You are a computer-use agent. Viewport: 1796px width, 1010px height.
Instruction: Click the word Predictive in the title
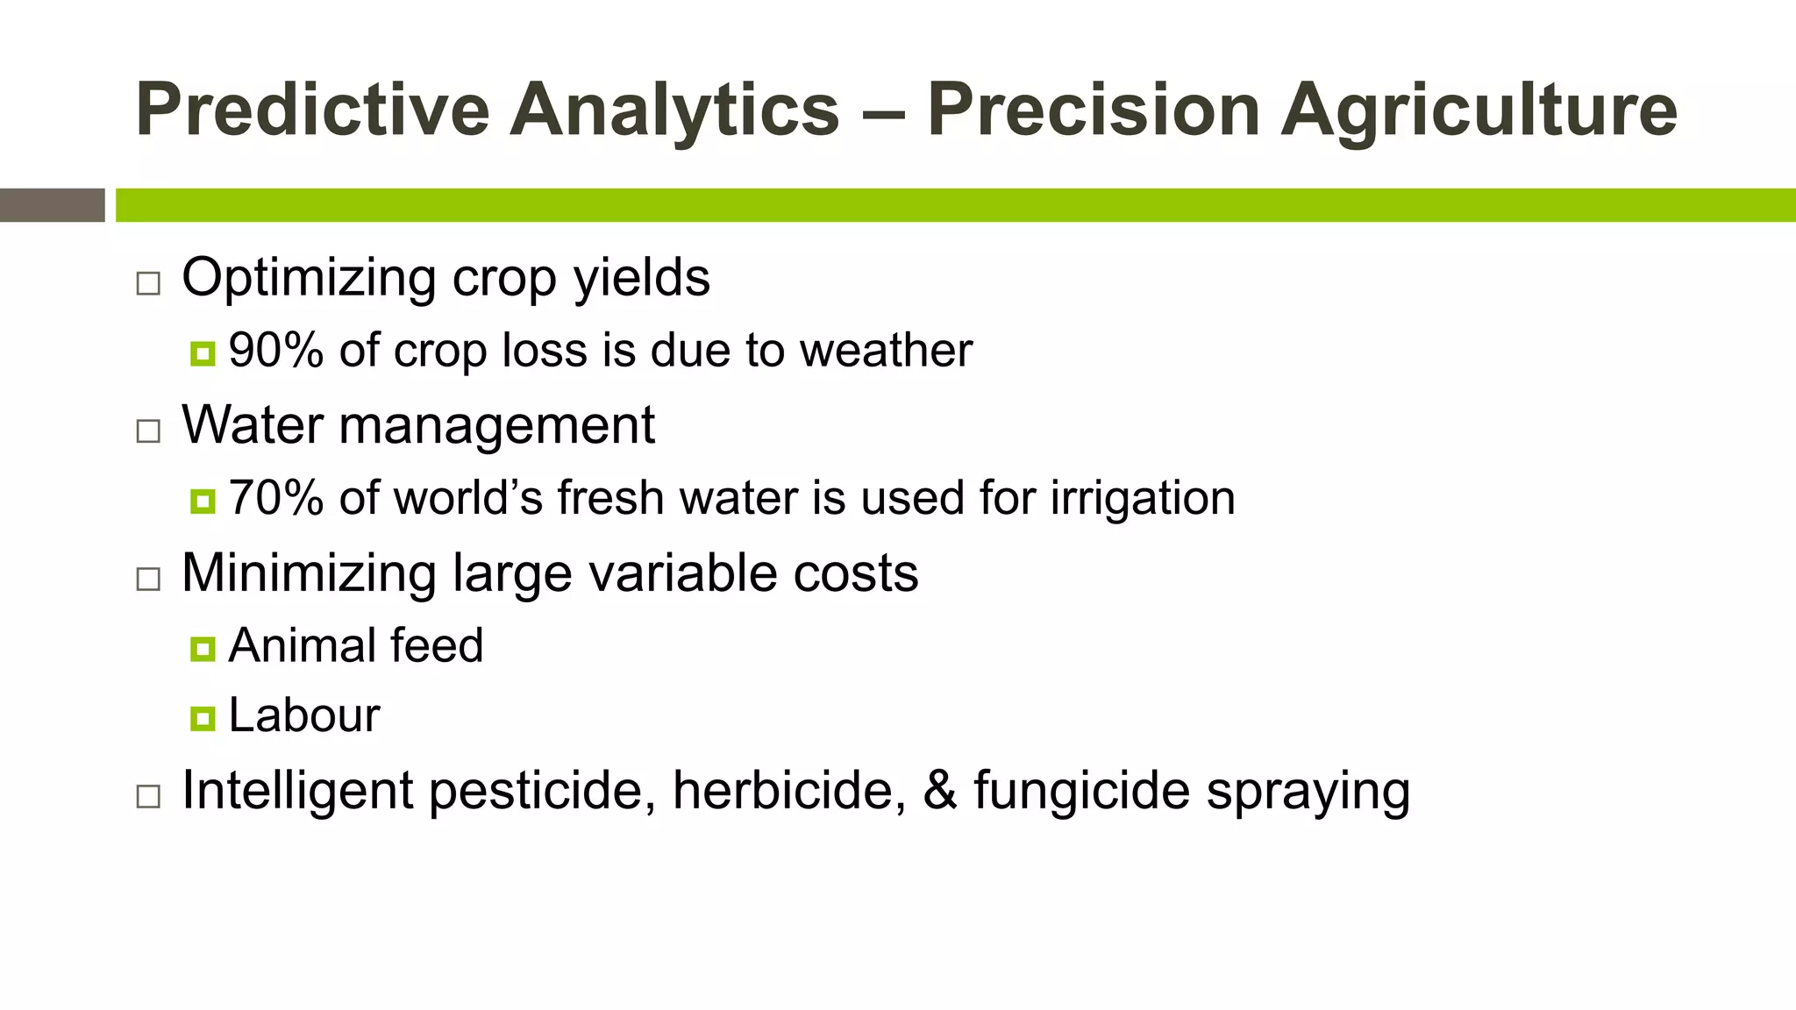[312, 110]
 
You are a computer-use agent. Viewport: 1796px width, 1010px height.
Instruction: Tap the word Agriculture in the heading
[1479, 111]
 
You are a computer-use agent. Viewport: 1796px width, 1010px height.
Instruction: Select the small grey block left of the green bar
[52, 205]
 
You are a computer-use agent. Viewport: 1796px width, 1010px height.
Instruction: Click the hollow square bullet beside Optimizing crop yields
[148, 283]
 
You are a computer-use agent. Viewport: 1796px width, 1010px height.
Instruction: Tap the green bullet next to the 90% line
[203, 354]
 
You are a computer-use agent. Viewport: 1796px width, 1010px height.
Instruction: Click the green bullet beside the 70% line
[203, 501]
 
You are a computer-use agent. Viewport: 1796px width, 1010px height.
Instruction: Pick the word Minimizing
[308, 574]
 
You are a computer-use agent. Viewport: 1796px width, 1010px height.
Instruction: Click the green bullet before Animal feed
[203, 649]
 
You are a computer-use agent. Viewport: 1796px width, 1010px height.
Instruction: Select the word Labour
[303, 715]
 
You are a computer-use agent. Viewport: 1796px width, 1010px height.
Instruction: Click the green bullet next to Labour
[203, 719]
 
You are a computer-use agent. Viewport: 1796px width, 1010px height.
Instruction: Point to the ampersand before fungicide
[940, 790]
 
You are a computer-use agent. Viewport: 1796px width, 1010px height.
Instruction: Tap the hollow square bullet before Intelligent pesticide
[148, 796]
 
